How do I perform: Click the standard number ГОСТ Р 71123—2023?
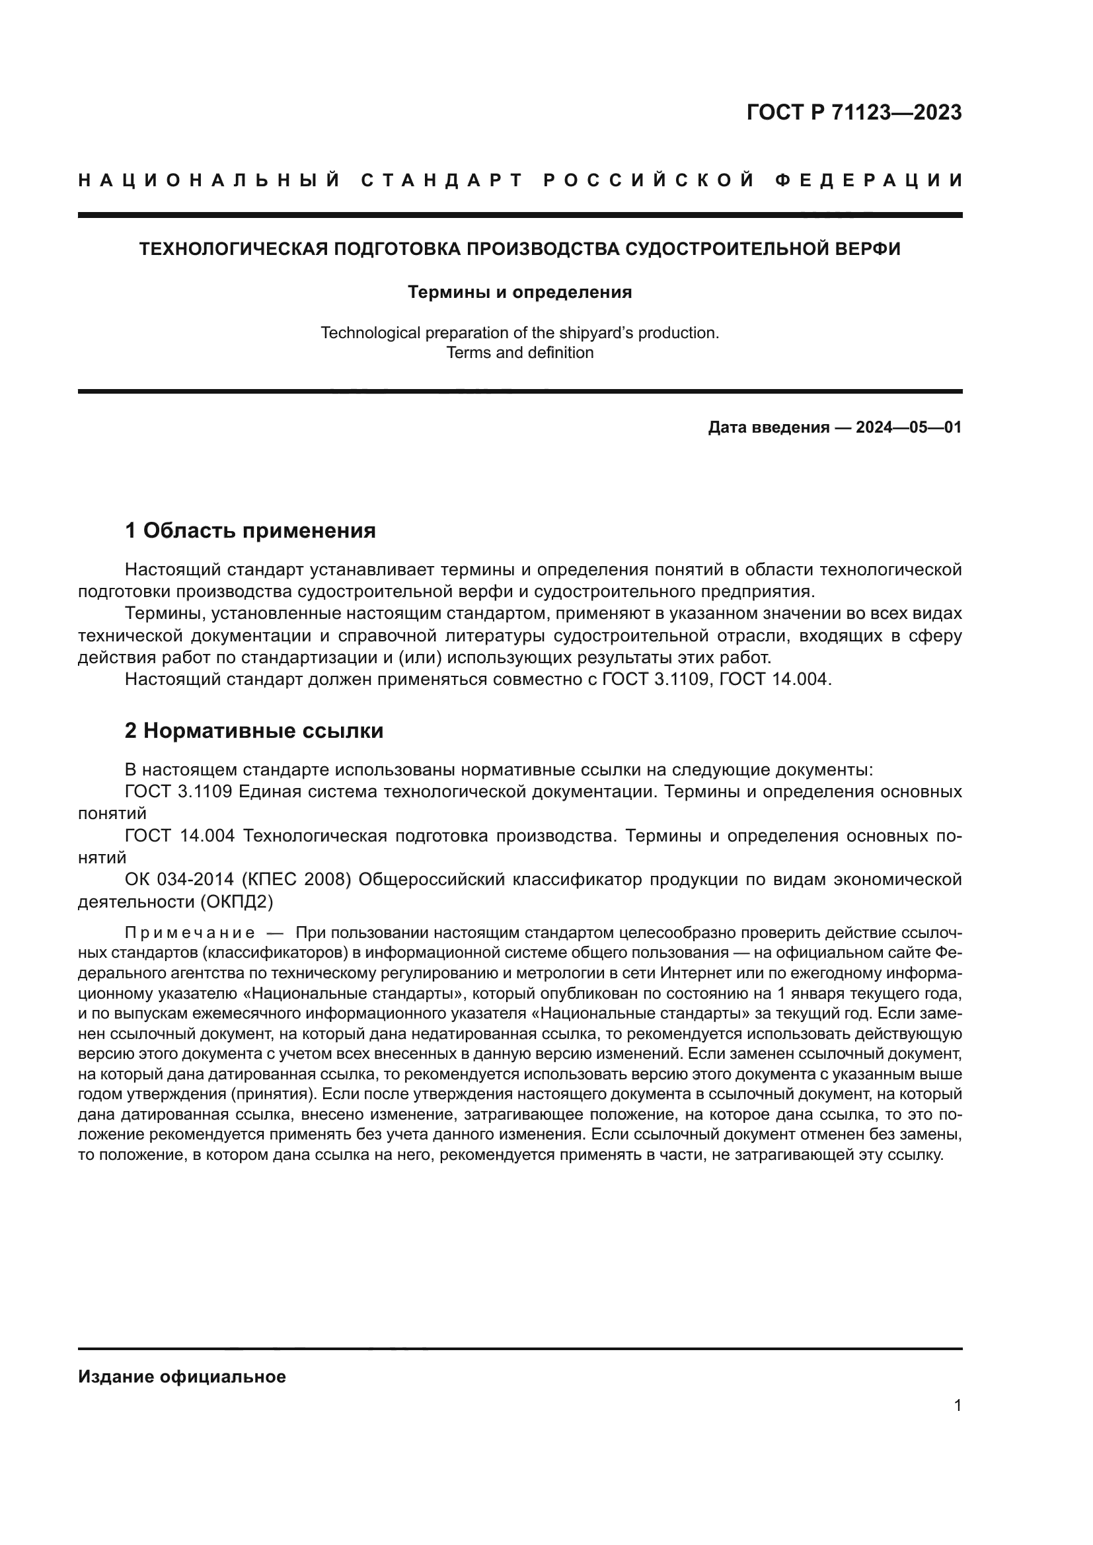click(853, 112)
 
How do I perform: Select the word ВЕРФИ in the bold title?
click(868, 249)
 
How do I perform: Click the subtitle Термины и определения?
click(519, 292)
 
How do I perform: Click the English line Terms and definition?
click(519, 353)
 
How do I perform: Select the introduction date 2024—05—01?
click(908, 427)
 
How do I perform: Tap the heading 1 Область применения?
click(250, 531)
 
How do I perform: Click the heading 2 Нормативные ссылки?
click(254, 731)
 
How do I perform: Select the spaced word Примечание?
click(190, 933)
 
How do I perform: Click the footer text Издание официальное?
click(182, 1377)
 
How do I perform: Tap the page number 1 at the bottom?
click(957, 1406)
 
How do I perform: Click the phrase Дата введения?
click(768, 427)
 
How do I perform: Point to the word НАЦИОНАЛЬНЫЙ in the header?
click(209, 180)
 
